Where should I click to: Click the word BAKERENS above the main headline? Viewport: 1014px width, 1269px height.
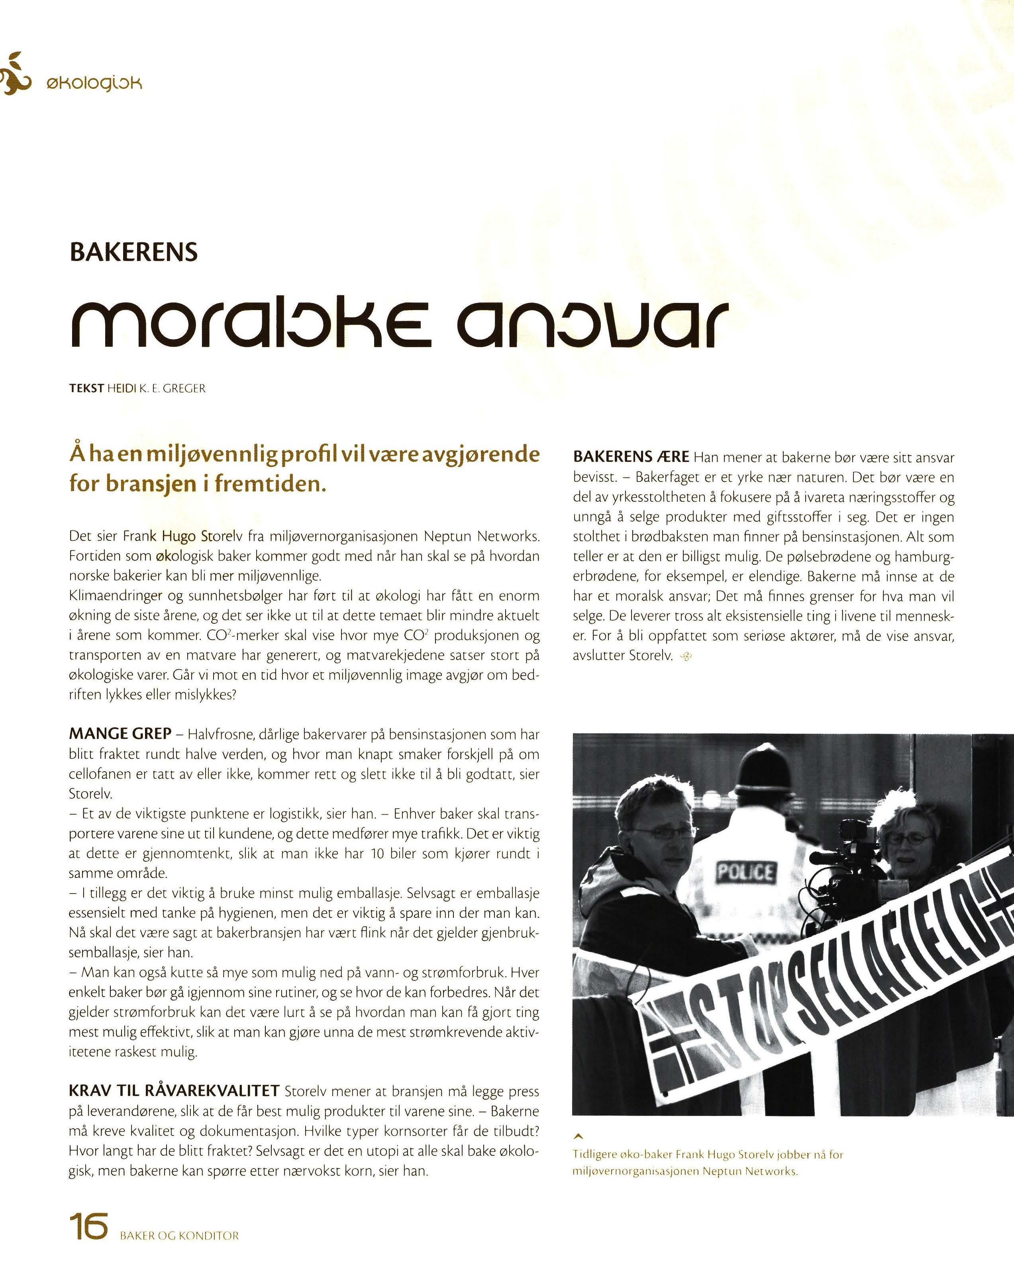pos(133,253)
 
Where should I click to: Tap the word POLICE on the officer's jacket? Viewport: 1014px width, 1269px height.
pos(745,872)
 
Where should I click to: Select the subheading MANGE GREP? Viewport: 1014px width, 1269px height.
pos(120,734)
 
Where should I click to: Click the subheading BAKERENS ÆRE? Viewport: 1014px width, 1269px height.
pos(631,457)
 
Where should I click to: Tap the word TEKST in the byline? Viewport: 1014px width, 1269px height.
pos(86,389)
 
